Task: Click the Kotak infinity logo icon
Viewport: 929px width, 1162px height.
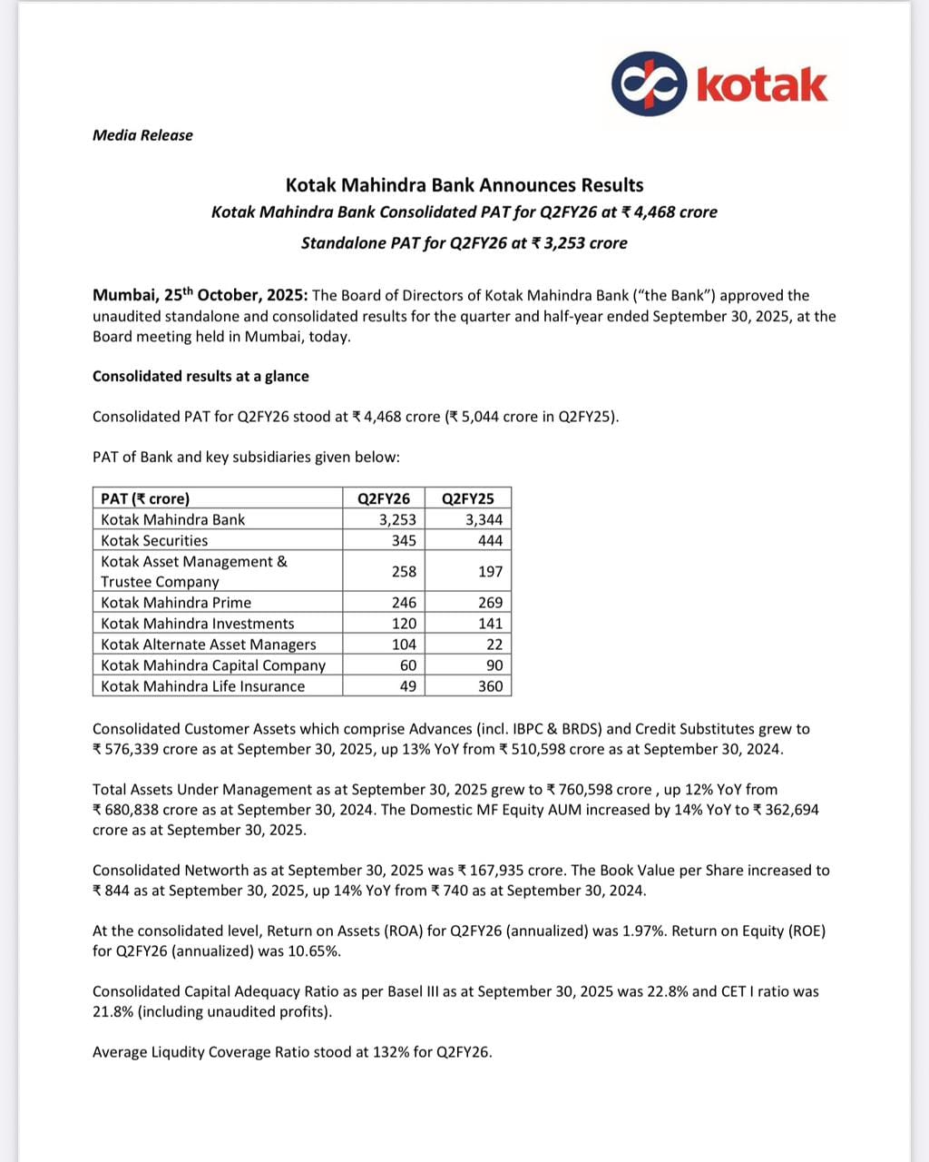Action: tap(649, 84)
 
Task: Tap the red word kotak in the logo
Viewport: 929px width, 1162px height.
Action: tap(761, 84)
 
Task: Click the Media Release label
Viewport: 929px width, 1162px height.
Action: tap(142, 135)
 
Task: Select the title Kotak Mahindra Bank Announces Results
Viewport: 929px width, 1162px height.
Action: tap(464, 185)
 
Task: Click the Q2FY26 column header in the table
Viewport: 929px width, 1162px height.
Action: tap(384, 498)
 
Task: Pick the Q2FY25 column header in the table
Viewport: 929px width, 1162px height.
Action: tap(468, 498)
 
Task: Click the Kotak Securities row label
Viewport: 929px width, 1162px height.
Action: tap(154, 540)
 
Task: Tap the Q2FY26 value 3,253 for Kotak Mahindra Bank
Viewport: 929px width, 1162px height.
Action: tap(397, 519)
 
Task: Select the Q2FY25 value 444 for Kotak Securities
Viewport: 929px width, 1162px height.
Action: tap(490, 540)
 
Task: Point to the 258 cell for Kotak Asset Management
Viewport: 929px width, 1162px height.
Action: tap(404, 571)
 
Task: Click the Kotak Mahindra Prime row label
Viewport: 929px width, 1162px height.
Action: tap(176, 603)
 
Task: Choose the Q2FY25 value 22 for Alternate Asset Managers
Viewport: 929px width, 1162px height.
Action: tap(494, 645)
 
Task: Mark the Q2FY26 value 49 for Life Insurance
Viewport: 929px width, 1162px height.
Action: tap(408, 686)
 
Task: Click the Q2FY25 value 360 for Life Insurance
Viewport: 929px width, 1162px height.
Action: tap(490, 686)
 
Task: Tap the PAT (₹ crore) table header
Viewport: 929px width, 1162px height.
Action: tap(145, 498)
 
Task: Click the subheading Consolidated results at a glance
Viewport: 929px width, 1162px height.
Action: tap(200, 376)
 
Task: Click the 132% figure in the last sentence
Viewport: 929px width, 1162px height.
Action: tap(390, 1053)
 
